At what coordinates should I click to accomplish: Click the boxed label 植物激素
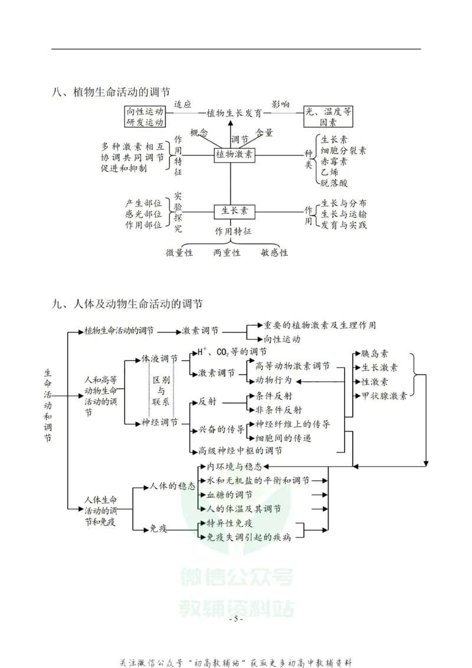coord(234,155)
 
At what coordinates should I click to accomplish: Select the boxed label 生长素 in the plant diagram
coord(234,210)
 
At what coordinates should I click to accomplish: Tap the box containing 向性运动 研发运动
coord(144,116)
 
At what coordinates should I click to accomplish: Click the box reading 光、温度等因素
coord(328,116)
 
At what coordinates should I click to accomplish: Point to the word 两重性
coord(227,253)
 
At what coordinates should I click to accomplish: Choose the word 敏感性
coord(274,253)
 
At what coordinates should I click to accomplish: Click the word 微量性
coord(179,253)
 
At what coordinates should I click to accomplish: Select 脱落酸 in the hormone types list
coord(334,183)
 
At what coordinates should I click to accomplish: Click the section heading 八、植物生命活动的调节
coord(111,92)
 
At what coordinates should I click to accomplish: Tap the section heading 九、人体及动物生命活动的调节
coord(127,304)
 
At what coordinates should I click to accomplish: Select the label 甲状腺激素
coord(383,396)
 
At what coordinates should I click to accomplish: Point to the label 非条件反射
coord(278,409)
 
